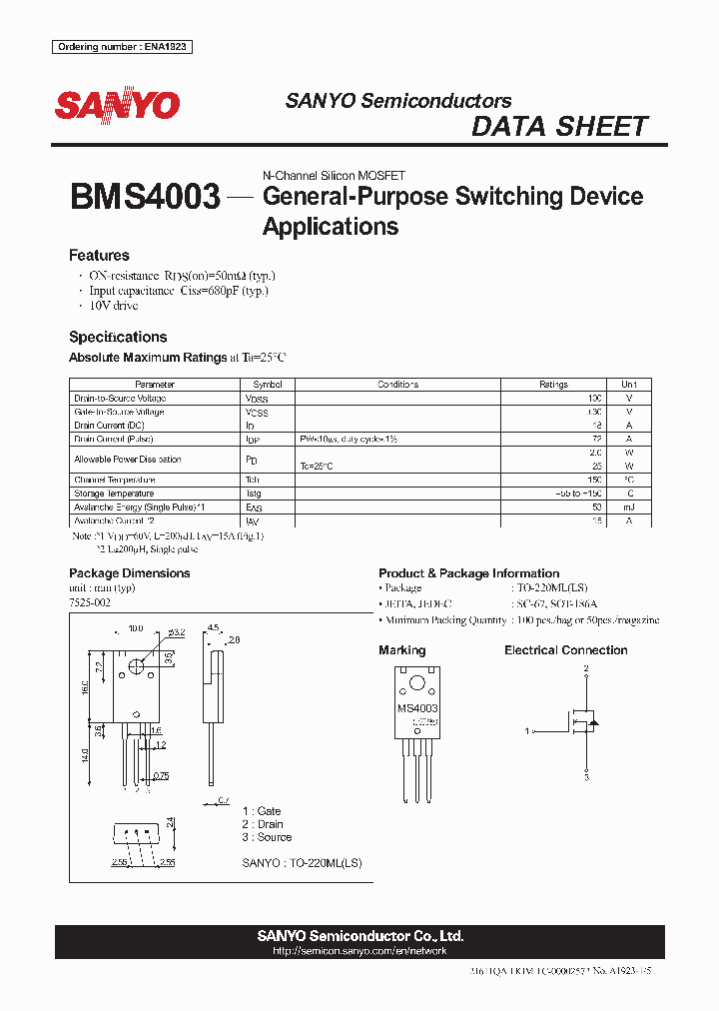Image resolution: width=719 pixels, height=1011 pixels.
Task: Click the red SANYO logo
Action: [x=117, y=105]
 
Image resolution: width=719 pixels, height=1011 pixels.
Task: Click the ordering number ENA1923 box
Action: [x=123, y=47]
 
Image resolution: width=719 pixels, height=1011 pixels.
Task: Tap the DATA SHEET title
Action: [x=559, y=127]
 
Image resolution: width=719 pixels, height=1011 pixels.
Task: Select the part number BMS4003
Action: [x=145, y=197]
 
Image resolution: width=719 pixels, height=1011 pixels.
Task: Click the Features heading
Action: [x=99, y=256]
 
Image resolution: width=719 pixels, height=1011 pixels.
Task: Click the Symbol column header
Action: [x=268, y=385]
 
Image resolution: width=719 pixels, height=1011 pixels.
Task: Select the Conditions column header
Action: [x=397, y=385]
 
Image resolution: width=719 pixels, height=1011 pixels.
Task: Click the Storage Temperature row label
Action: [x=114, y=494]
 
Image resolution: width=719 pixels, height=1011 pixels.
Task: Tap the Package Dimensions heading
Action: [x=129, y=573]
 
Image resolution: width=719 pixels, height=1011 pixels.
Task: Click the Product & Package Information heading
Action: [x=468, y=573]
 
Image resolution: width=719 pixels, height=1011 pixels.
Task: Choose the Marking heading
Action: [x=401, y=650]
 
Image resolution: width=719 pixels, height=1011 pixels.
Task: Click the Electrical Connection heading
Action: [x=565, y=650]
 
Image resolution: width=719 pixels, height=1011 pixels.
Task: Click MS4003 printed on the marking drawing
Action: [x=417, y=708]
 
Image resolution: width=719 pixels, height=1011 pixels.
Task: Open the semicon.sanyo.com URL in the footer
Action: [x=359, y=953]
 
